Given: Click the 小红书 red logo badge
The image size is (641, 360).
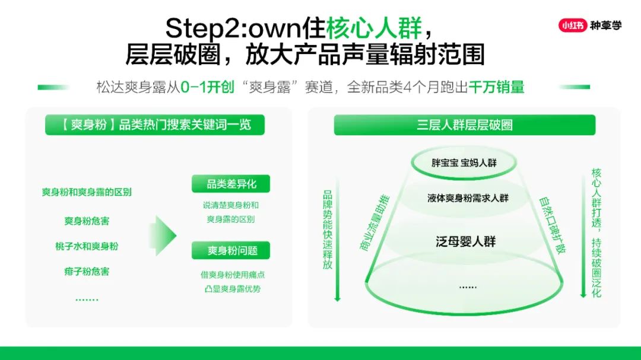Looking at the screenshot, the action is [572, 26].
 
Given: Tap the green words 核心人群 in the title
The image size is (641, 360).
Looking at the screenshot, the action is [374, 28].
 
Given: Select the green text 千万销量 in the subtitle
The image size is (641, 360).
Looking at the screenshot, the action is [496, 87].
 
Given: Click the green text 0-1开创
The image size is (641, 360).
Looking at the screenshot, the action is [207, 87].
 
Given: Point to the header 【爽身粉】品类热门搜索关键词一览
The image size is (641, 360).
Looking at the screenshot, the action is [155, 125].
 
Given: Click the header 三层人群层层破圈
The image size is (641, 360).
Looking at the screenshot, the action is [464, 125].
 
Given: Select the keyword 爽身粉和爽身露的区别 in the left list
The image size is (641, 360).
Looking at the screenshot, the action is [87, 192].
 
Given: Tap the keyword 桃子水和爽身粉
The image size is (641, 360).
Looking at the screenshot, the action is [87, 246].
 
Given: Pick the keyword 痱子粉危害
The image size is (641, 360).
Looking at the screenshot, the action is [87, 272].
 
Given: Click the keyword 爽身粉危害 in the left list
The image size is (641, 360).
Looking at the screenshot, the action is [87, 221].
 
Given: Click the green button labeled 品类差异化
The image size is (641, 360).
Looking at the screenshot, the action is [231, 184].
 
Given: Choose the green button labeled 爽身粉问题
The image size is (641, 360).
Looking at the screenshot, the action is [231, 250].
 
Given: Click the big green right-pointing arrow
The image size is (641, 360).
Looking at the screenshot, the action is [162, 236].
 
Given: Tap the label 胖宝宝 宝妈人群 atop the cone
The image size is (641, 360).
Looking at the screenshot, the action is [464, 163].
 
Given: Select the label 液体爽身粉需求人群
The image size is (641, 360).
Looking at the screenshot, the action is [468, 198].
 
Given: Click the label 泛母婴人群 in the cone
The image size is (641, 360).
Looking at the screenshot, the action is [466, 241].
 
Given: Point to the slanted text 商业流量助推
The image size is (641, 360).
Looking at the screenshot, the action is [375, 222].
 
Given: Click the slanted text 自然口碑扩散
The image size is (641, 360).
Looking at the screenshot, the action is [553, 225].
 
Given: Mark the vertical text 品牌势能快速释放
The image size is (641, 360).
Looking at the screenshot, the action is [328, 230].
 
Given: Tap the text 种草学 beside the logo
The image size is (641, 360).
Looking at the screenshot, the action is [605, 26].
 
